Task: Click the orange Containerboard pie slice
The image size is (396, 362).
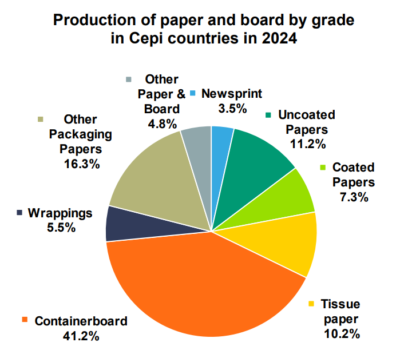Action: pos(200,286)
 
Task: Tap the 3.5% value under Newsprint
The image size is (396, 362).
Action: pos(232,108)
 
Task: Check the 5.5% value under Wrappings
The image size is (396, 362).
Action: pos(60,228)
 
